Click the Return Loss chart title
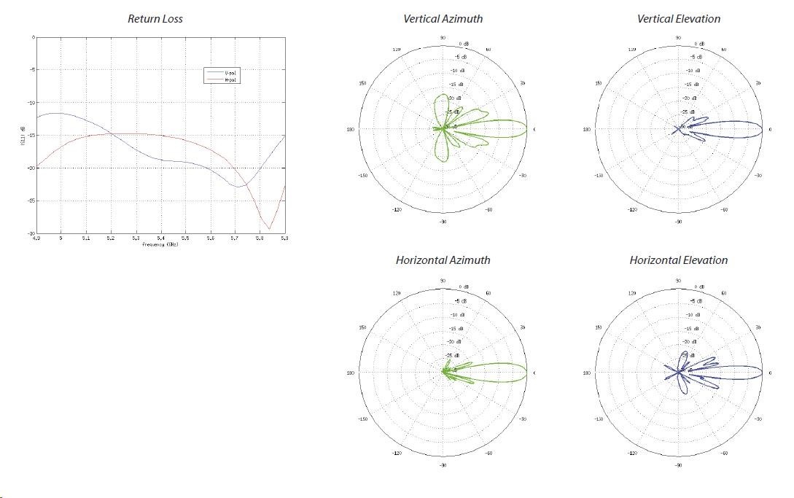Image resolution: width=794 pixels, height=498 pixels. (x=155, y=19)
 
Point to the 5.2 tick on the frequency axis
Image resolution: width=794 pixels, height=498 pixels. (x=111, y=238)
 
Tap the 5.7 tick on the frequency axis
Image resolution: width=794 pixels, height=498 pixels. (x=235, y=238)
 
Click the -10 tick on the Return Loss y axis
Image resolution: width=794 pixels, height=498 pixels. (x=31, y=102)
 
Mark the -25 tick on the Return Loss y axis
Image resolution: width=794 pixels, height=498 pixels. (x=31, y=201)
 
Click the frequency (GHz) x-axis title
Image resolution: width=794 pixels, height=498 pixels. (x=160, y=244)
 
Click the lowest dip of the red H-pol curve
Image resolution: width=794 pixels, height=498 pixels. (x=269, y=229)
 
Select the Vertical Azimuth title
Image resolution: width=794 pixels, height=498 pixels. (x=443, y=19)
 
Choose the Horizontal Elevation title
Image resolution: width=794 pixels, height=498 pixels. (x=678, y=260)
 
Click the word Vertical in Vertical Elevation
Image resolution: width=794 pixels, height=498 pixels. (x=656, y=19)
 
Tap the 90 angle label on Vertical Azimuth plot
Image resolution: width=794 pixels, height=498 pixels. (x=443, y=37)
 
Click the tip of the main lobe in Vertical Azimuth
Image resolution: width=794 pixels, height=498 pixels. (x=526, y=129)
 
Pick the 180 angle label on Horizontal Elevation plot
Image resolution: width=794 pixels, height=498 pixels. (x=587, y=373)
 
